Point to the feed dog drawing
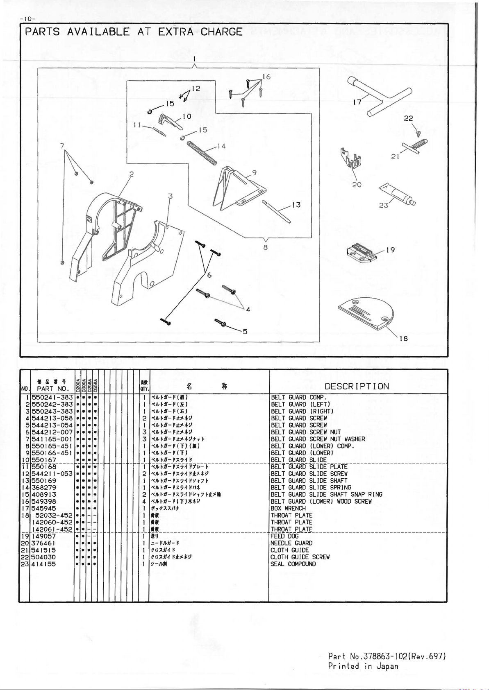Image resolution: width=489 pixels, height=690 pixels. [x=361, y=252]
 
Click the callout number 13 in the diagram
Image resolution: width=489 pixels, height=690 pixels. [x=296, y=205]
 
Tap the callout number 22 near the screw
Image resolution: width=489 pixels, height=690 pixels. [x=408, y=118]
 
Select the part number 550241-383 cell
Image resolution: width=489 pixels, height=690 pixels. [x=52, y=397]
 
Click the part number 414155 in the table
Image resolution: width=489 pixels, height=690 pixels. [x=44, y=564]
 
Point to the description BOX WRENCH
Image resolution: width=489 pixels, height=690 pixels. [x=288, y=508]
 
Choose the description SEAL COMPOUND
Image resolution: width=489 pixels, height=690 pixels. [x=293, y=564]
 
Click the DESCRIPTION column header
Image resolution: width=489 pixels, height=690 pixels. [x=357, y=386]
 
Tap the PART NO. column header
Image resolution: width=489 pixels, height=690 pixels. [x=52, y=388]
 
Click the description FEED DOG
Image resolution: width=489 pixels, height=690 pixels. [x=284, y=536]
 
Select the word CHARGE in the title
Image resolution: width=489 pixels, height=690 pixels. [x=221, y=32]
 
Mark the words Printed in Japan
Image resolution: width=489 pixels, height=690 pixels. [x=363, y=666]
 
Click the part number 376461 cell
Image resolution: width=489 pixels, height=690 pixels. [x=44, y=543]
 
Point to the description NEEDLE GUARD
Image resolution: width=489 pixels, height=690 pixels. [x=291, y=543]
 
